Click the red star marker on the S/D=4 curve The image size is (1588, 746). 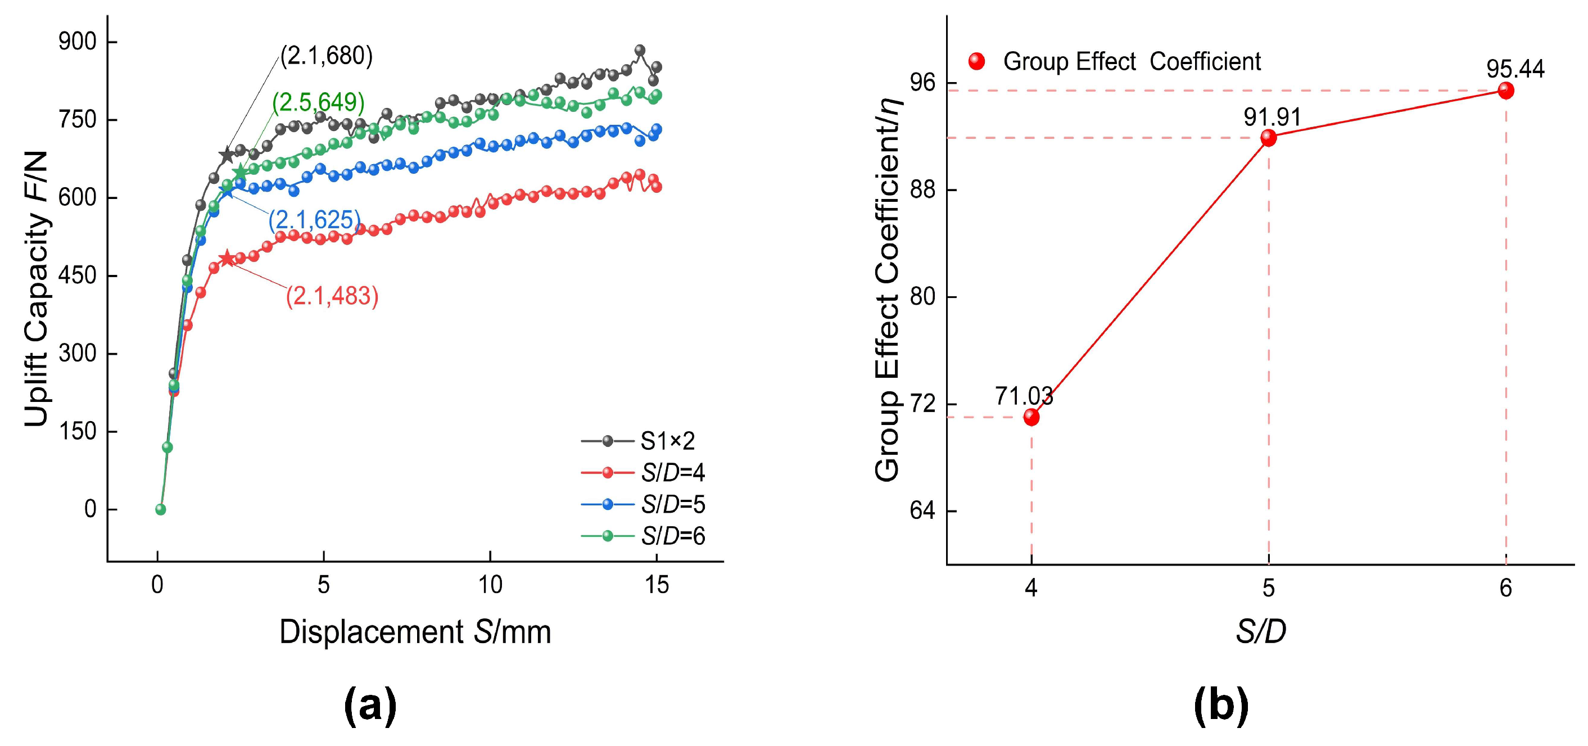click(227, 259)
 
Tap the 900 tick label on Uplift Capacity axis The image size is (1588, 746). click(78, 42)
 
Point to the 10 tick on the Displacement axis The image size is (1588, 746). click(490, 585)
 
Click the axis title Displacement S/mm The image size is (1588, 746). click(415, 632)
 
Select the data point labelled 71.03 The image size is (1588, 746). click(1031, 417)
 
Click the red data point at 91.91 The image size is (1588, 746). click(1269, 138)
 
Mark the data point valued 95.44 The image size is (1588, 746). click(1506, 91)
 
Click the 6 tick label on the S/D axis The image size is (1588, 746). click(1506, 588)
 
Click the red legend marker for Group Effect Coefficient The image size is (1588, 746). click(977, 61)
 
